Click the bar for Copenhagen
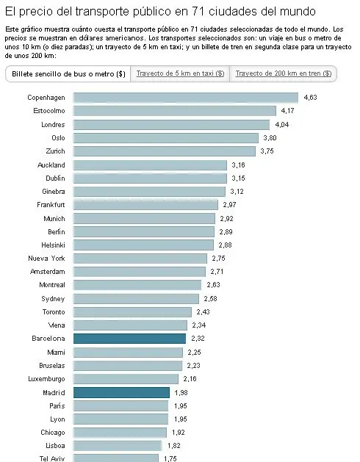186,97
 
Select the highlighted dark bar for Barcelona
129,339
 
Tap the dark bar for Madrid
121,393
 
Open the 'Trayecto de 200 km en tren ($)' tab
283,74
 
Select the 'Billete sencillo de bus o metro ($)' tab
68,74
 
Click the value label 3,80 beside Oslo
270,137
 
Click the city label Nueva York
47,259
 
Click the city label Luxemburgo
46,379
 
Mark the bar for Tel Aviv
116,458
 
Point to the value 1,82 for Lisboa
173,446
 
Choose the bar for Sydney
136,299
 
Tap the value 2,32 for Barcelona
197,339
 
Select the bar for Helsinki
144,245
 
